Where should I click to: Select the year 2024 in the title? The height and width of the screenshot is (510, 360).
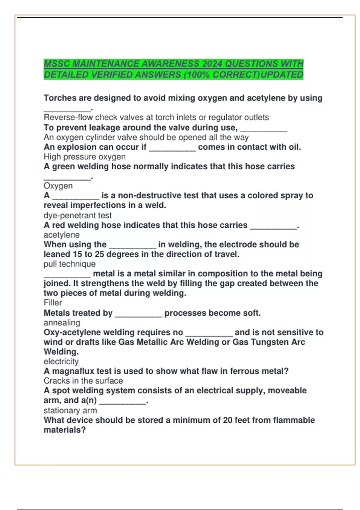coord(212,64)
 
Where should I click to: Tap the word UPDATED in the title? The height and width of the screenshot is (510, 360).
coord(282,75)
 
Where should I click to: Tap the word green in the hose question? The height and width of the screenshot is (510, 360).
coord(64,166)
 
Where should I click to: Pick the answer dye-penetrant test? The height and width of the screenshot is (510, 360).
coord(77,215)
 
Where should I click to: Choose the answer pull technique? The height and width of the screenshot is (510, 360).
coord(70,264)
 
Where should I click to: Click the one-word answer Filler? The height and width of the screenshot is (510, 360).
coord(53,303)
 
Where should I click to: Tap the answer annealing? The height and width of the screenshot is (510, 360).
coord(62,323)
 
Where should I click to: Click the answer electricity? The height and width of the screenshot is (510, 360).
coord(61,361)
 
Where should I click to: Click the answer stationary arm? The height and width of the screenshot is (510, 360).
coord(70,410)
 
